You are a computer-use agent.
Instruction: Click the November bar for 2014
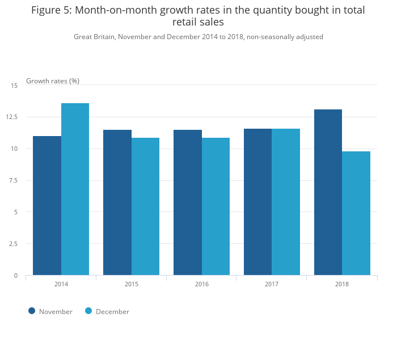pos(47,206)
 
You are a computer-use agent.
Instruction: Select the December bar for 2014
pos(75,189)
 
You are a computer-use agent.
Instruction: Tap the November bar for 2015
pos(117,202)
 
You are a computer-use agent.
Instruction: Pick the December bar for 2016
pos(216,206)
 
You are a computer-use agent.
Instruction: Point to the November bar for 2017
pos(257,202)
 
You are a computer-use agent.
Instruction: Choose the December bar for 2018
pos(356,213)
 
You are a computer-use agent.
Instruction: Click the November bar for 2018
pos(328,192)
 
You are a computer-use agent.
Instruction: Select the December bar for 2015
pos(145,206)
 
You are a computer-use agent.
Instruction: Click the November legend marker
pos(32,311)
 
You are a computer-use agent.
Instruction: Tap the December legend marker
pos(88,311)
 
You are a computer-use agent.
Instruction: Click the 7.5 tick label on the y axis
pos(13,180)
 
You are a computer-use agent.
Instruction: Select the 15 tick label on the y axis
pos(14,86)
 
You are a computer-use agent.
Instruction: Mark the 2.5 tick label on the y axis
pos(13,244)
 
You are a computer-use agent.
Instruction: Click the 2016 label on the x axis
pos(201,283)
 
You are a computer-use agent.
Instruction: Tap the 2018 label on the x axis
pos(342,283)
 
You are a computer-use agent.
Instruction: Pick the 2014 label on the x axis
pos(61,283)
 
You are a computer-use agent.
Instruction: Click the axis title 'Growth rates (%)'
pos(53,81)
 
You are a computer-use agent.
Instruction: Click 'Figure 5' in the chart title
pos(52,10)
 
